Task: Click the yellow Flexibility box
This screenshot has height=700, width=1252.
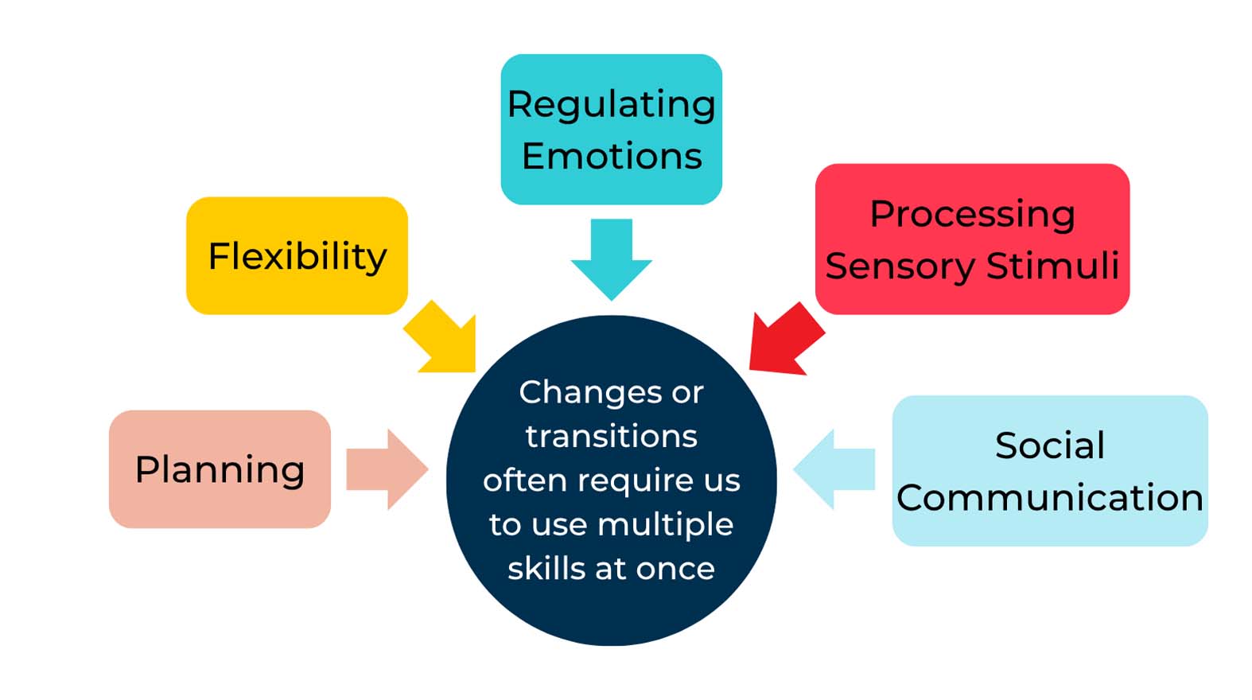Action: (x=297, y=255)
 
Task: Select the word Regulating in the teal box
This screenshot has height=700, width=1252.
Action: (x=611, y=105)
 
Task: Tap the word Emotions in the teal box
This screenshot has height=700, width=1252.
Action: (x=611, y=156)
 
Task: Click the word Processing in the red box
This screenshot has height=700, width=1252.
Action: (x=972, y=215)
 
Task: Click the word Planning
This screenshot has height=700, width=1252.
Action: (x=220, y=469)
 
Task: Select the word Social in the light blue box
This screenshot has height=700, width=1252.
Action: (x=1049, y=445)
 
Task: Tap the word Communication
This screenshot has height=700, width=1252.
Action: (x=1049, y=498)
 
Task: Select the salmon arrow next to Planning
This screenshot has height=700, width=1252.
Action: (x=387, y=469)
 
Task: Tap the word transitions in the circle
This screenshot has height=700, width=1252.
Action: (x=611, y=436)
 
